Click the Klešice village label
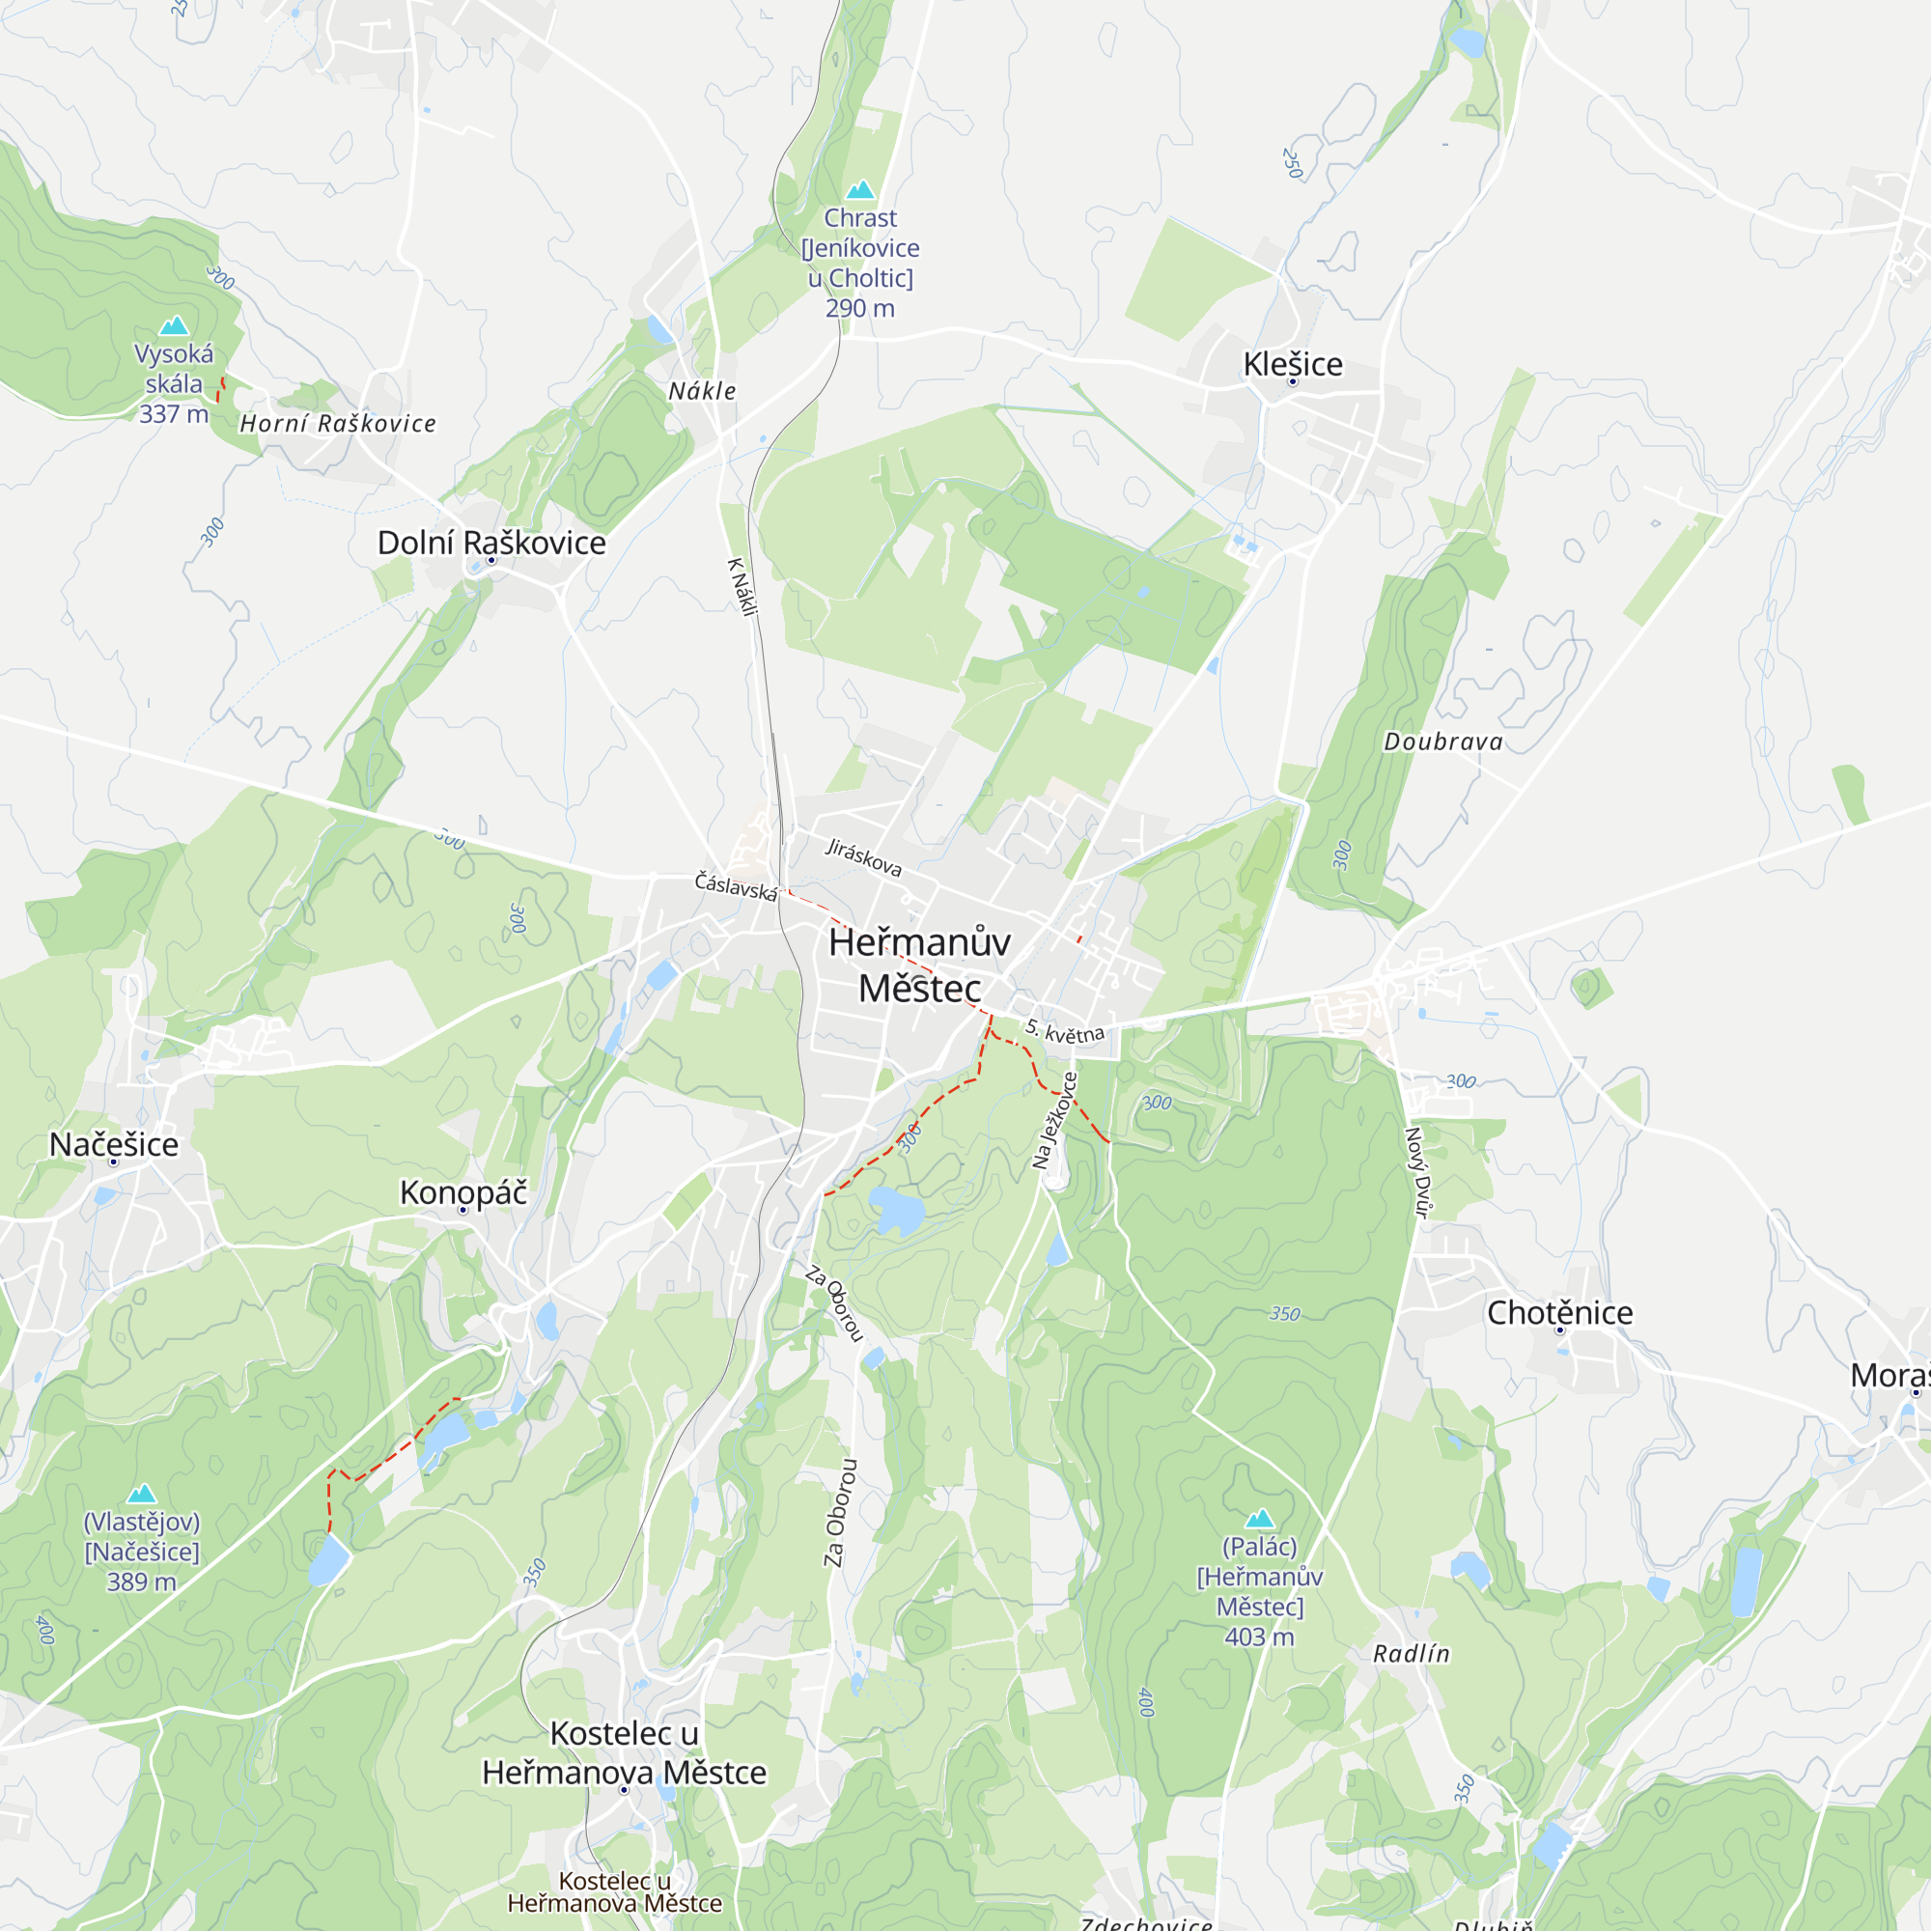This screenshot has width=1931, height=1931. (1293, 364)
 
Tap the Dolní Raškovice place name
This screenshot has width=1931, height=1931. (490, 543)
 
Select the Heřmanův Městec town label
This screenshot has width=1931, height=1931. (919, 965)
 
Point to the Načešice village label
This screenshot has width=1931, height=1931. (114, 1144)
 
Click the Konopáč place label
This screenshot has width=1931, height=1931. (462, 1192)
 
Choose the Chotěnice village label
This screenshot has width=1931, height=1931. (1559, 1313)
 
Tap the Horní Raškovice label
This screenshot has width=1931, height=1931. (338, 424)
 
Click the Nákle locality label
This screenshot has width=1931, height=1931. (702, 391)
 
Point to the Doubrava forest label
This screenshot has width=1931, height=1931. (1442, 742)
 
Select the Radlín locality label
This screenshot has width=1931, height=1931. (1411, 1654)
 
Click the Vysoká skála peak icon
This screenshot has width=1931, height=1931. (174, 324)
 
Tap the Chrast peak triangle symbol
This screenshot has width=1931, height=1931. (859, 189)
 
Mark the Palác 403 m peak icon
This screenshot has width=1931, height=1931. (1259, 1519)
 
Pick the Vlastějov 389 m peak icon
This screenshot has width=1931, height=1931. (142, 1494)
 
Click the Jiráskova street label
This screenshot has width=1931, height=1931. (863, 857)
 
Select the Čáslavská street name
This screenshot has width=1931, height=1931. (736, 886)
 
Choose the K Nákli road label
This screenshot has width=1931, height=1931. (742, 587)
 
